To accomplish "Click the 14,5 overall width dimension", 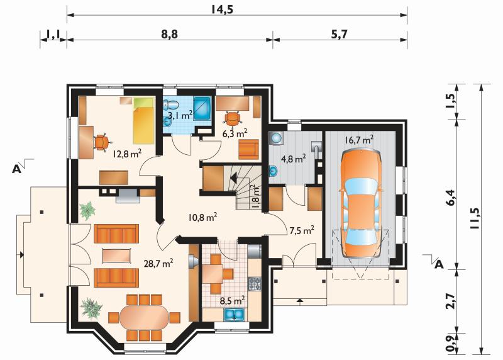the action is [222, 9].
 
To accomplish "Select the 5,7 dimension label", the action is [339, 34].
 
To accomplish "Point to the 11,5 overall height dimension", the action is [474, 218].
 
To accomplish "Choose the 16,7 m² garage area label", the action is [359, 140].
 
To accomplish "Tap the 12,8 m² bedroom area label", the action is [127, 154].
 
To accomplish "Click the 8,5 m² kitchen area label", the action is [233, 301].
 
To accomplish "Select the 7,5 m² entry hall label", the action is [302, 230].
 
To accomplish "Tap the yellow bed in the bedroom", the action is [143, 121].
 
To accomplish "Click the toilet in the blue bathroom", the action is [171, 104].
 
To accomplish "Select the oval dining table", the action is [144, 318].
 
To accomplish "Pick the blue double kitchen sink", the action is [235, 315].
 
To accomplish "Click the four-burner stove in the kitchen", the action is [255, 283].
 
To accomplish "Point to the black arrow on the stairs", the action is [233, 177].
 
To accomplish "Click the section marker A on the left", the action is [17, 169].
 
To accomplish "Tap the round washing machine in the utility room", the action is [276, 138].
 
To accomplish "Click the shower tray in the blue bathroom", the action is [202, 108].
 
